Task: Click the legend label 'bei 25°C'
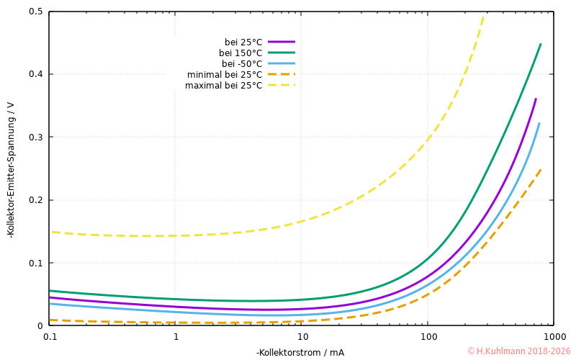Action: tap(243, 42)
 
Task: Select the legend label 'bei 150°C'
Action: tap(240, 53)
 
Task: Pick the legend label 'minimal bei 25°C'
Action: tap(225, 74)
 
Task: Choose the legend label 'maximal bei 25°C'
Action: tap(224, 85)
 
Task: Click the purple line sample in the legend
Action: tap(282, 42)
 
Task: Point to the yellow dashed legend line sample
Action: tap(282, 85)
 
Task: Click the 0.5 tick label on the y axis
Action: tap(35, 12)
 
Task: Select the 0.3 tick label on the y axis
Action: tap(35, 138)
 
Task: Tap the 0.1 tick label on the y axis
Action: tap(35, 263)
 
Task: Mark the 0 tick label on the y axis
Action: tap(40, 326)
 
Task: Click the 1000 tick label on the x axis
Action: tap(554, 336)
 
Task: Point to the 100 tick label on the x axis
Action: tap(428, 336)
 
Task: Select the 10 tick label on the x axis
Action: tap(302, 336)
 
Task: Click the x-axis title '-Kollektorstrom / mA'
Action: tap(300, 352)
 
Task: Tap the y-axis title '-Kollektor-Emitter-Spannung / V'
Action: tap(10, 169)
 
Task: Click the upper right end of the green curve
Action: tap(541, 44)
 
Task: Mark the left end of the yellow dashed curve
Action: tap(50, 232)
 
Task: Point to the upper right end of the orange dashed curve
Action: tap(541, 170)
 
